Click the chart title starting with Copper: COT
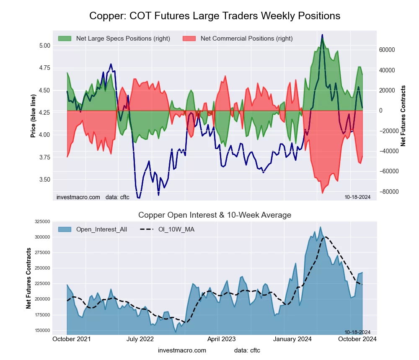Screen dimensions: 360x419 point(215,16)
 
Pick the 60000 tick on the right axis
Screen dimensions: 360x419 point(387,49)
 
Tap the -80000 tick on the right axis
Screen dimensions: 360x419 point(387,192)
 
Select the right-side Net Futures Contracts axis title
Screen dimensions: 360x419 point(403,116)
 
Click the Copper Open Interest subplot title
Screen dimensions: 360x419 point(215,215)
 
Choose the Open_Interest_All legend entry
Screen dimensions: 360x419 point(101,229)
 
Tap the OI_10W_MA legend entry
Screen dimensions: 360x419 point(176,229)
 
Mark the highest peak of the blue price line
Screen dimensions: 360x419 point(322,35)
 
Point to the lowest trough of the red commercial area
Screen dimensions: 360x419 point(322,193)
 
